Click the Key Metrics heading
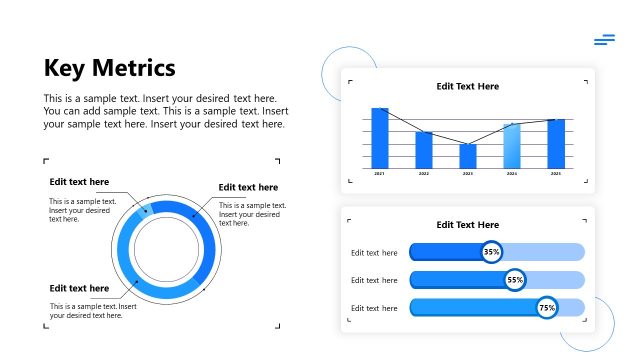tap(110, 68)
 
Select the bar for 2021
tap(380, 138)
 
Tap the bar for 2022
tap(424, 150)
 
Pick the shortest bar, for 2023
tap(468, 156)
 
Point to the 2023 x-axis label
tap(468, 174)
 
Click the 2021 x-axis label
tap(380, 174)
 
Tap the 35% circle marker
tap(492, 252)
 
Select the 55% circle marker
tap(515, 280)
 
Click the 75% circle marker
tap(547, 308)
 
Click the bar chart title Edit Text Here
tap(468, 87)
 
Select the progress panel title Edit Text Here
tap(468, 225)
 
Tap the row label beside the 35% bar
tap(375, 253)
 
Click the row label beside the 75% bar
tap(375, 308)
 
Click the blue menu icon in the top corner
tap(604, 40)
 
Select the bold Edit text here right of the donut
tap(248, 187)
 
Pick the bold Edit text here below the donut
tap(80, 289)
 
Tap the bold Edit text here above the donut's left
tap(80, 182)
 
